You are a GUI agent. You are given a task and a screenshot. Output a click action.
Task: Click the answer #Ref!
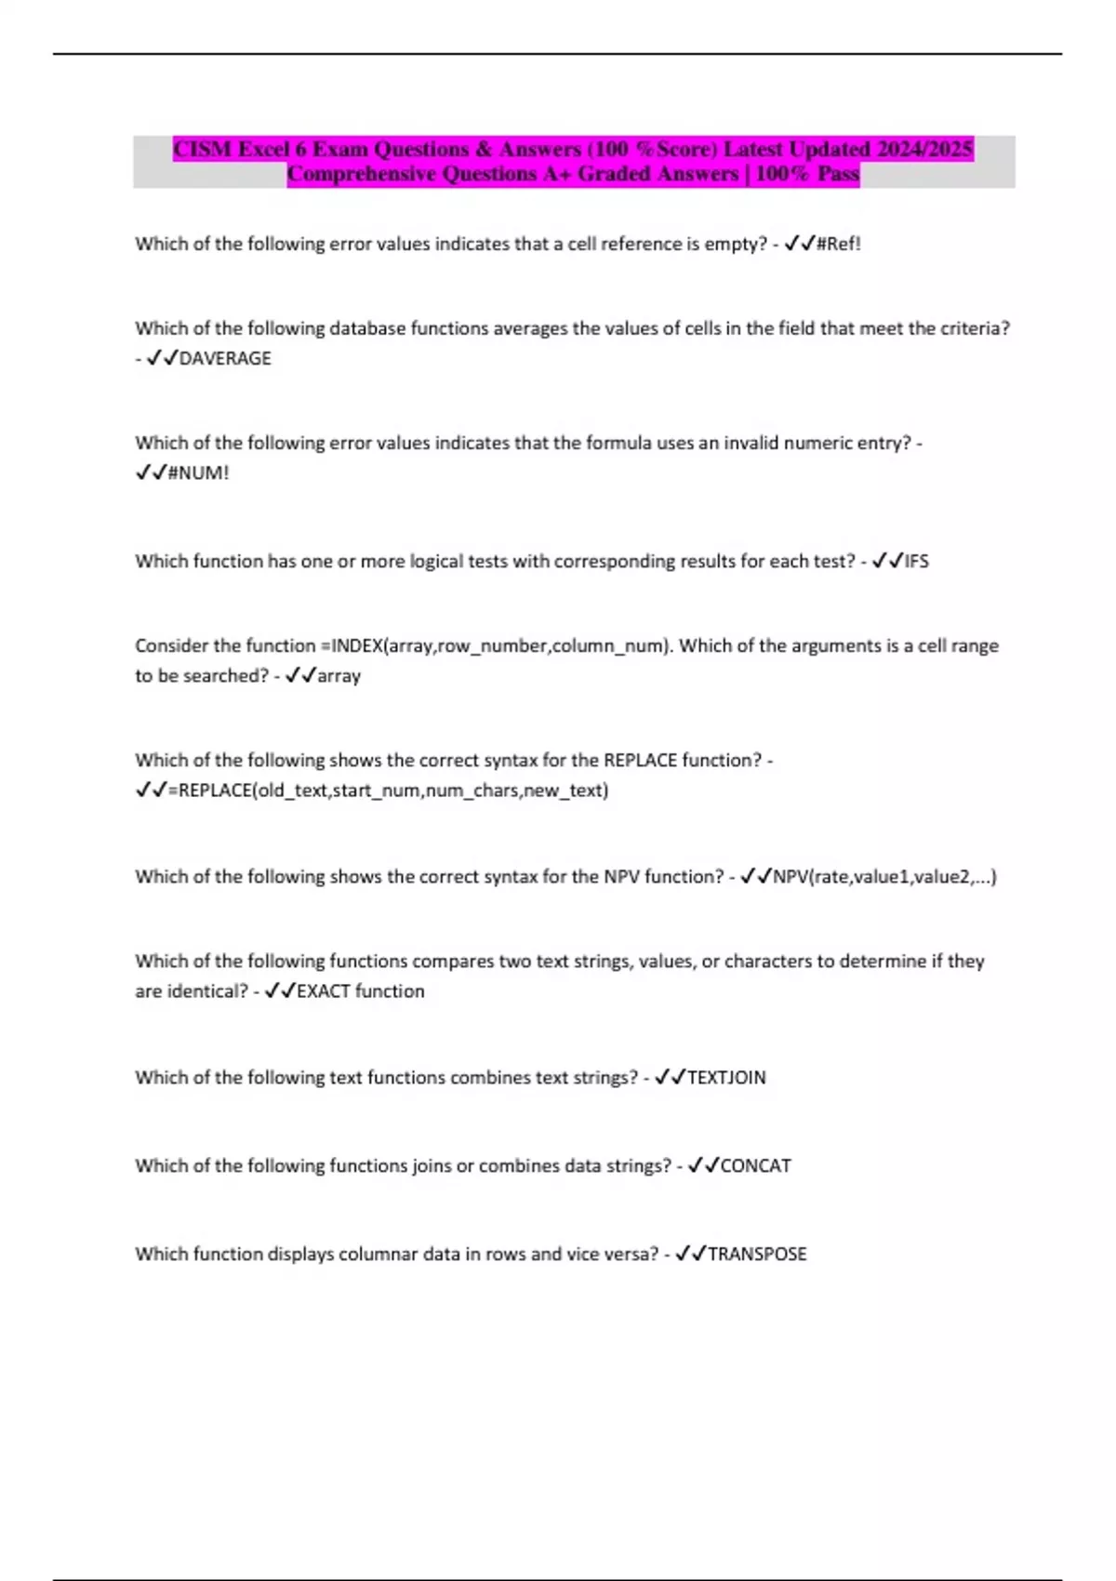(839, 244)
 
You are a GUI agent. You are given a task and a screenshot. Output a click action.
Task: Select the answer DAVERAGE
(225, 358)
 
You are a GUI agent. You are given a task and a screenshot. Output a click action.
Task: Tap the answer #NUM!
(198, 472)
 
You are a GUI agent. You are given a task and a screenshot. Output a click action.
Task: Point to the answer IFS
(916, 561)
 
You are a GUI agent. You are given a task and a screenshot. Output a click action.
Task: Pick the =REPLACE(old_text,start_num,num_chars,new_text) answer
(389, 790)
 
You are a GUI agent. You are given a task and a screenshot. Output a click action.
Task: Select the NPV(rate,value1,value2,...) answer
(884, 876)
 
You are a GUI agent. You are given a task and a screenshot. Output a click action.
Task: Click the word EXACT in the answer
(324, 991)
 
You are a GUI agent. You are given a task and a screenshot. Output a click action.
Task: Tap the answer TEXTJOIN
(726, 1077)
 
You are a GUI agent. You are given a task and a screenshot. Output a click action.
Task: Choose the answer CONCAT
(756, 1165)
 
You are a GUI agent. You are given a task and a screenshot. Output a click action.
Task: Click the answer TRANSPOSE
(757, 1254)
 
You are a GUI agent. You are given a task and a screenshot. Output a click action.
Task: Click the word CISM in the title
(202, 149)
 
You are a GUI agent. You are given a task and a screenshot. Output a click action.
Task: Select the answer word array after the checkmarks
(339, 676)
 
